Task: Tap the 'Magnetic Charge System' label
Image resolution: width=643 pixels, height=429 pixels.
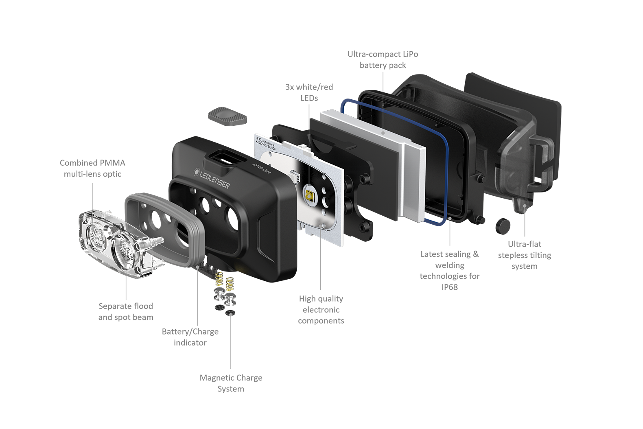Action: pos(231,383)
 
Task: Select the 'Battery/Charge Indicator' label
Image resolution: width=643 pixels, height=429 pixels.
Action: pos(190,337)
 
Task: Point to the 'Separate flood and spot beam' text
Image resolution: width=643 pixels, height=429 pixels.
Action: pos(126,311)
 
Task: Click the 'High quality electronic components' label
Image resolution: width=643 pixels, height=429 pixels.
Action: pos(321,310)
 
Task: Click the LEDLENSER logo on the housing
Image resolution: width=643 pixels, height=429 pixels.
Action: pos(212,178)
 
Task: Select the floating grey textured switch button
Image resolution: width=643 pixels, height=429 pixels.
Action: pos(228,116)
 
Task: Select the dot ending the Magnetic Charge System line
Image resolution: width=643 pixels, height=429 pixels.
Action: pos(231,313)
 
